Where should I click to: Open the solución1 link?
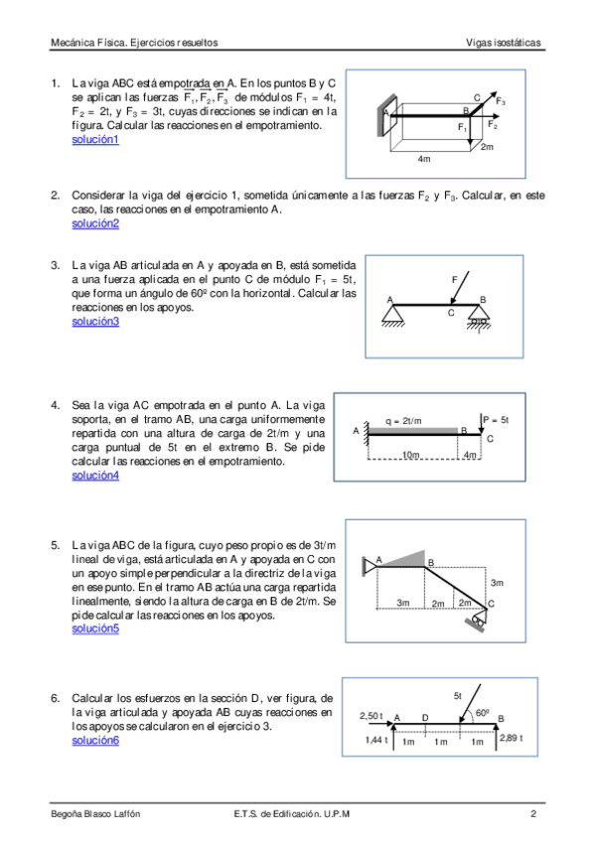[95, 140]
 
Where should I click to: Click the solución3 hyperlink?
[95, 322]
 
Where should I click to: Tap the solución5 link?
[95, 629]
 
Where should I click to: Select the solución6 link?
[95, 741]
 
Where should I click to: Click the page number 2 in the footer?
[533, 813]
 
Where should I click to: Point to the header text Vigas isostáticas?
[504, 43]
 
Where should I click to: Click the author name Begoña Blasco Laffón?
[95, 813]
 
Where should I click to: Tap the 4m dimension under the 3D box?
[424, 159]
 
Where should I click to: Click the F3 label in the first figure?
[501, 101]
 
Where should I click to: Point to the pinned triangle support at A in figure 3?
[393, 315]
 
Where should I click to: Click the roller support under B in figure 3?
[479, 317]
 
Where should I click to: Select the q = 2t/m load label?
[403, 421]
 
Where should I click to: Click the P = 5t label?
[496, 420]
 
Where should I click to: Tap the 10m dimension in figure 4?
[411, 455]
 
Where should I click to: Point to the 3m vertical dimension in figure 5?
[497, 583]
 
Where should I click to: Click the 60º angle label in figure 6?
[482, 713]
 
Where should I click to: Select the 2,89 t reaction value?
[512, 738]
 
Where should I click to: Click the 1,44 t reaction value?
[376, 740]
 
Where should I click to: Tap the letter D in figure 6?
[425, 718]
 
